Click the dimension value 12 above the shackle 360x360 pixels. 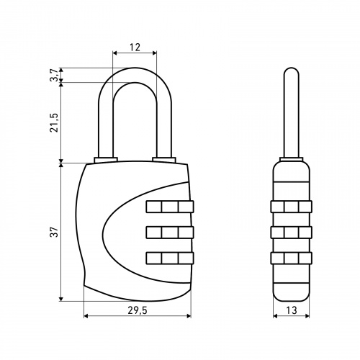(x=135, y=48)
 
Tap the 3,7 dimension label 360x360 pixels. (x=55, y=75)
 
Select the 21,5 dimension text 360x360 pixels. (x=55, y=122)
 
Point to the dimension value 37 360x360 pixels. (x=55, y=232)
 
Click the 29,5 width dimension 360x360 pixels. (x=137, y=310)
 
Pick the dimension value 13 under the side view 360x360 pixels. (x=292, y=310)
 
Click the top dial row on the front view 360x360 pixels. (x=170, y=207)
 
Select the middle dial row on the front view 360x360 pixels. (x=170, y=233)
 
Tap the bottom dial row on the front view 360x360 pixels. (x=170, y=258)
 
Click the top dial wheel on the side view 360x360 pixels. (x=292, y=207)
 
